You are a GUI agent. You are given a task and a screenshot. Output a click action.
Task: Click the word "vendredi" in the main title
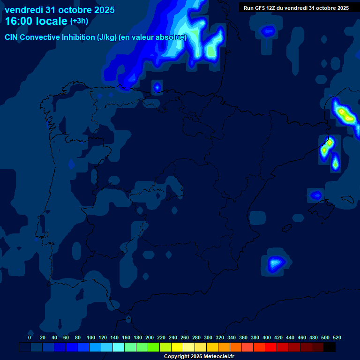point(23,10)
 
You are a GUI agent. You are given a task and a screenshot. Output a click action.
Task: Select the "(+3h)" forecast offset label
point(79,21)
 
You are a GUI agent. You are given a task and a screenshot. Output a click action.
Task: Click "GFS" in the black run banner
point(262,8)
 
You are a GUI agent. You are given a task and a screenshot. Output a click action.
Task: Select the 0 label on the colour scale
point(30,337)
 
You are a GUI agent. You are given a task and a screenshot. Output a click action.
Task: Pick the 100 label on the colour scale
point(91,337)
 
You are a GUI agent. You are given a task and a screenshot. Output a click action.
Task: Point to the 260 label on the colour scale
point(185,337)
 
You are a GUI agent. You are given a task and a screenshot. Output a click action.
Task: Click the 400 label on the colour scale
point(267,337)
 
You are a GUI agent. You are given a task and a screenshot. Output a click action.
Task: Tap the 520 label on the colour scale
point(337,337)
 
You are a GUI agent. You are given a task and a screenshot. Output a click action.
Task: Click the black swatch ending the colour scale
point(330,347)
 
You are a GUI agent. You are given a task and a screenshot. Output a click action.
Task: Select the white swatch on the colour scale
point(189,347)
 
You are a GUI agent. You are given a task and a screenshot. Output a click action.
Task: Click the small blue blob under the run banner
point(268,31)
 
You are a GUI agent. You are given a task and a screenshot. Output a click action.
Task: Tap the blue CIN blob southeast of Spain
point(275,264)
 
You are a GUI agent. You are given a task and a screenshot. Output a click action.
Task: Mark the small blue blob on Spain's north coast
point(157,87)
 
